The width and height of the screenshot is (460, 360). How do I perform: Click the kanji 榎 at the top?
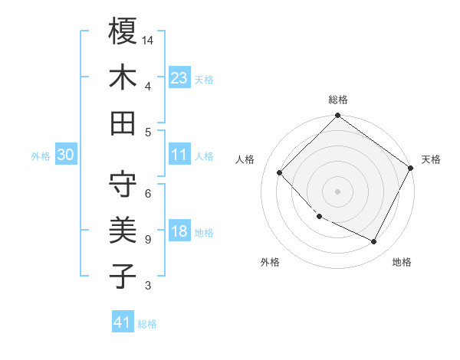pyautogui.click(x=123, y=31)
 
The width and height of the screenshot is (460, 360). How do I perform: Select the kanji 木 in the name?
pyautogui.click(x=123, y=77)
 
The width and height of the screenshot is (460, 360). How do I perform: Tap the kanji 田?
pyautogui.click(x=123, y=122)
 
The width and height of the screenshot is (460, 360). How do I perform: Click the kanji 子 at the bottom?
pyautogui.click(x=123, y=275)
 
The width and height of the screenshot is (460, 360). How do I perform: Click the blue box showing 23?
pyautogui.click(x=179, y=78)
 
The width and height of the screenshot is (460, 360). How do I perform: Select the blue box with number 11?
pyautogui.click(x=179, y=155)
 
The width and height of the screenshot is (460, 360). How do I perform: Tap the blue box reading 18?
pyautogui.click(x=179, y=231)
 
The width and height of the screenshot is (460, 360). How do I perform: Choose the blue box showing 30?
pyautogui.click(x=65, y=155)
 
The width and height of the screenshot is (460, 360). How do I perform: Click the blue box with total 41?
pyautogui.click(x=123, y=322)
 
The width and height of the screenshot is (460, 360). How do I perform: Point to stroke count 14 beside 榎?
pyautogui.click(x=149, y=39)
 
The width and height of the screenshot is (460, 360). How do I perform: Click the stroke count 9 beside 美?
pyautogui.click(x=147, y=240)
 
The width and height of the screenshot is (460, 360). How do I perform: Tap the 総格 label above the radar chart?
pyautogui.click(x=337, y=100)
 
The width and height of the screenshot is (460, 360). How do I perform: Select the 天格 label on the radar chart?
pyautogui.click(x=431, y=159)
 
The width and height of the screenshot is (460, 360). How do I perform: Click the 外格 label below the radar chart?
pyautogui.click(x=270, y=263)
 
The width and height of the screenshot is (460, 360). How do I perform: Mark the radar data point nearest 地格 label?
pyautogui.click(x=374, y=242)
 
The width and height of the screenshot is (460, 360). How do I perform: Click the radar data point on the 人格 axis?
pyautogui.click(x=279, y=172)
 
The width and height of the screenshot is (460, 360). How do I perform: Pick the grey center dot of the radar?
pyautogui.click(x=337, y=191)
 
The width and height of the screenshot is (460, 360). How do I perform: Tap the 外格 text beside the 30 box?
pyautogui.click(x=41, y=156)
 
